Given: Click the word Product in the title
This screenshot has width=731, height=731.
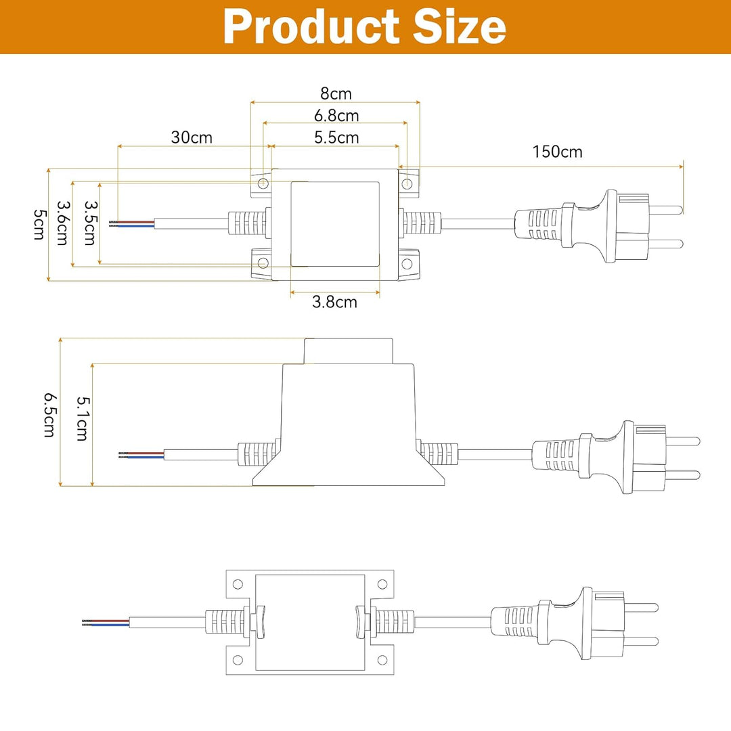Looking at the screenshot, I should click(x=311, y=27).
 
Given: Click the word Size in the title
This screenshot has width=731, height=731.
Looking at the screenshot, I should click(x=460, y=27).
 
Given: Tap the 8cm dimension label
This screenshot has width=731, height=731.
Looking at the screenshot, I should click(x=336, y=93).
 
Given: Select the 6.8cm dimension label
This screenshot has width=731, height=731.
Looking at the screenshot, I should click(x=336, y=116).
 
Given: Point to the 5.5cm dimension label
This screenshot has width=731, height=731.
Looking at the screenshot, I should click(x=336, y=137).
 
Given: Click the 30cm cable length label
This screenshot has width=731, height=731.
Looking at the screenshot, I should click(x=192, y=137).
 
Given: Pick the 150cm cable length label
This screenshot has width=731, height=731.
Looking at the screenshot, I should click(x=557, y=151).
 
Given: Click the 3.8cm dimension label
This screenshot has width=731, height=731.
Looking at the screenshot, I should click(x=334, y=302).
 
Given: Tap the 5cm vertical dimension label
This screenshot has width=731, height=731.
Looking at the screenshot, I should click(x=40, y=224).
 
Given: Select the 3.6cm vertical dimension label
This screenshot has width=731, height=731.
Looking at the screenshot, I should click(x=63, y=224).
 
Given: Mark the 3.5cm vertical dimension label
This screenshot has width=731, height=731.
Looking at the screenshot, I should click(x=90, y=223).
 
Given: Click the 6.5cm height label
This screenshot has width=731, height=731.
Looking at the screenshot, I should click(x=49, y=414).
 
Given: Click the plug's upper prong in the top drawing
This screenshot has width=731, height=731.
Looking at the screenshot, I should click(x=666, y=209).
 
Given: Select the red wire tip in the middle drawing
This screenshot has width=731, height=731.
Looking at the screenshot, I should click(x=129, y=451).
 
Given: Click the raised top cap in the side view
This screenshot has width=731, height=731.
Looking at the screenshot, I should click(x=349, y=351).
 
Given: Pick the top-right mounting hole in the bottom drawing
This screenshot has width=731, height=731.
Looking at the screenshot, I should click(x=382, y=583).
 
